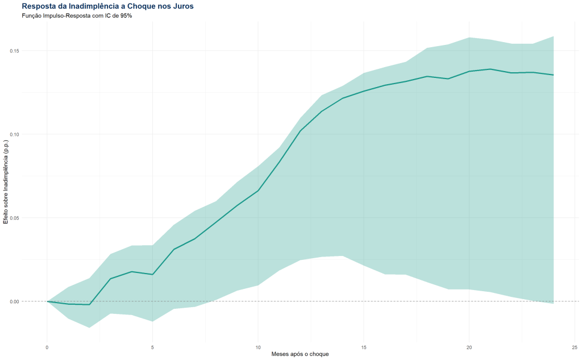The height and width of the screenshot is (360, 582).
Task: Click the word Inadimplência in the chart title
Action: coord(94,6)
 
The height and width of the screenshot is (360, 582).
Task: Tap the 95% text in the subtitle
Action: coord(124,15)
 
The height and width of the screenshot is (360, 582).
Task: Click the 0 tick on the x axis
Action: coord(47,346)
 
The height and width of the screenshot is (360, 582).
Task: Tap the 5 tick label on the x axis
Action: coord(152,346)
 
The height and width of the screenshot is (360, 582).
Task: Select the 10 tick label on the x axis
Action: coord(258,346)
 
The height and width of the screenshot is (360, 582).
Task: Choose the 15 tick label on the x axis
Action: coord(364,346)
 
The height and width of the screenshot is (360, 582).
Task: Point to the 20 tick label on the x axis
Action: coord(469,346)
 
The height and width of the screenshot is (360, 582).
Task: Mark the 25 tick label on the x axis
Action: coord(575,346)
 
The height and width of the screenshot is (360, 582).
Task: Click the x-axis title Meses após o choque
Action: coord(300,354)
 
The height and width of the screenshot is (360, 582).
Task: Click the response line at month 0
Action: coord(47,301)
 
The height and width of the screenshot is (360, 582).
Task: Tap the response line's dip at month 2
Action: coord(89,304)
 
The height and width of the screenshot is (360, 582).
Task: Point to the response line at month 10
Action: coord(258,190)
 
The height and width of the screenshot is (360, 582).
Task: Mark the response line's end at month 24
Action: coord(553,75)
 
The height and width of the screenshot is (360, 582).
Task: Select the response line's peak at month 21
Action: coord(490,69)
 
